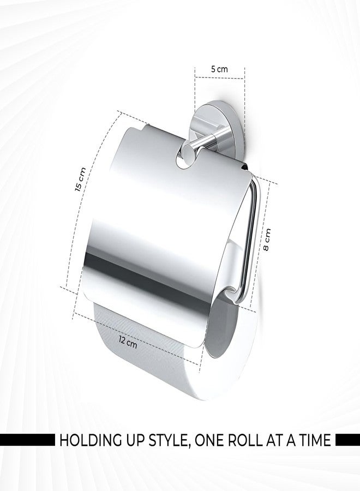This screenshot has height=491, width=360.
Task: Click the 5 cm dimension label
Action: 220,69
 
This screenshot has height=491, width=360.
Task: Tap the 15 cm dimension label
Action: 80,179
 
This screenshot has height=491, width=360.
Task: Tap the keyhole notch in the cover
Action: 184,155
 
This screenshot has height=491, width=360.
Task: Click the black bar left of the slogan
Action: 27,440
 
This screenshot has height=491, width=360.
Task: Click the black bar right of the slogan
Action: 347,440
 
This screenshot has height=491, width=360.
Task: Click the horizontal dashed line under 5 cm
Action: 220,78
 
